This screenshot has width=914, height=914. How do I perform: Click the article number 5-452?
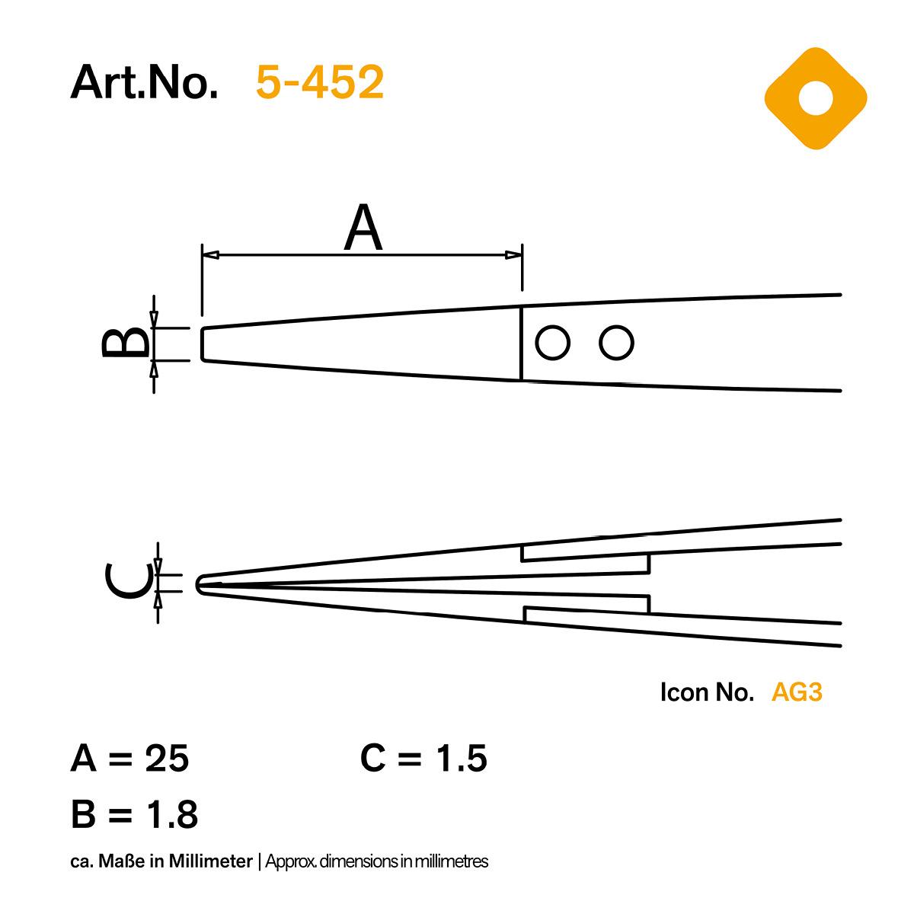point(319,82)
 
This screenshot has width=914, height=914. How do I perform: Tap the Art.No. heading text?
point(144,82)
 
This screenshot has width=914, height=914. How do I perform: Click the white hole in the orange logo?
point(815,98)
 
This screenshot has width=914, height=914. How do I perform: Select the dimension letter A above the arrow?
point(363,228)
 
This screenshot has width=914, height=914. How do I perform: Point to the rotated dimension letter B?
point(126,344)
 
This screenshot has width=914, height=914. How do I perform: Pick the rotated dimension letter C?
point(129,581)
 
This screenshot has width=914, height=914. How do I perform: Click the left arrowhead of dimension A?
point(210,255)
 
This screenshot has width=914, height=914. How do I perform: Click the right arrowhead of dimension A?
point(513,255)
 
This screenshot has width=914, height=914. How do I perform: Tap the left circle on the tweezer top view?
point(552,343)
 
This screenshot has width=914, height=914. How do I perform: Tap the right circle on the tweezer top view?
point(617,343)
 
